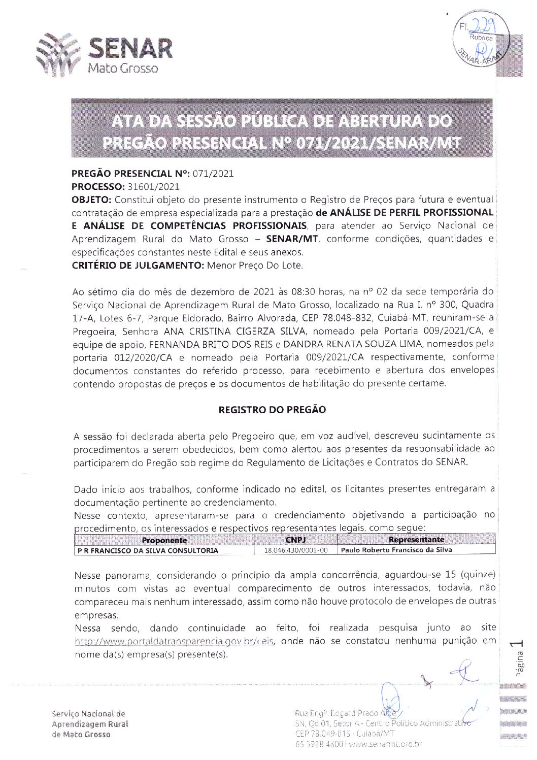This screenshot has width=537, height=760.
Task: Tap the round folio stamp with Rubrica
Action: click(478, 43)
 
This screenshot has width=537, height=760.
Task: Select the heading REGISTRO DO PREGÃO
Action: click(272, 410)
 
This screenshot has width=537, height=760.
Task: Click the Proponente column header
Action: click(164, 540)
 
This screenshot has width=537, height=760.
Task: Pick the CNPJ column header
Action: click(295, 540)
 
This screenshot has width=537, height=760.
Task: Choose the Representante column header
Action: click(416, 540)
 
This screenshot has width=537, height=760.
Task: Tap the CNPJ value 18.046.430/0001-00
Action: click(295, 550)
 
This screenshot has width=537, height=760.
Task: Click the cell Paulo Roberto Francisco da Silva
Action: click(396, 550)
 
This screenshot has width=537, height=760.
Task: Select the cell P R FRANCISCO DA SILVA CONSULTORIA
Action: click(148, 550)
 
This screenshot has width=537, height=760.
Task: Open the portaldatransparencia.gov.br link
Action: click(175, 641)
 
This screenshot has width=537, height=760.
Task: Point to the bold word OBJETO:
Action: click(89, 200)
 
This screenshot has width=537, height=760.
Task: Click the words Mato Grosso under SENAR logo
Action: click(123, 68)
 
